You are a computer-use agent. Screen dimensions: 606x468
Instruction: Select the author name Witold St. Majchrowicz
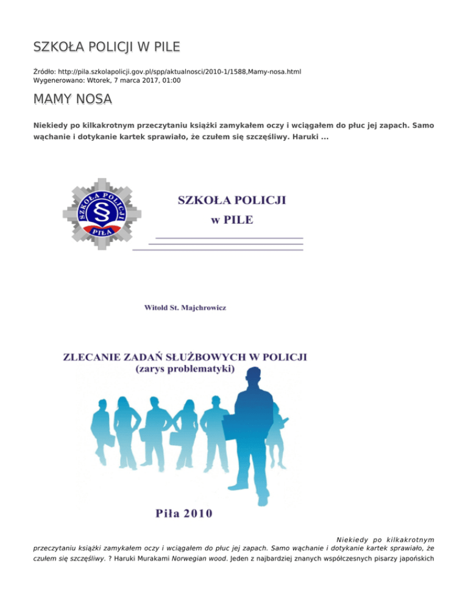point(184,308)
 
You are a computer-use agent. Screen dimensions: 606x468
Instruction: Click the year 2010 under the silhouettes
point(194,512)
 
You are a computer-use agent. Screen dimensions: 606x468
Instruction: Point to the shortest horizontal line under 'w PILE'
point(229,238)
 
